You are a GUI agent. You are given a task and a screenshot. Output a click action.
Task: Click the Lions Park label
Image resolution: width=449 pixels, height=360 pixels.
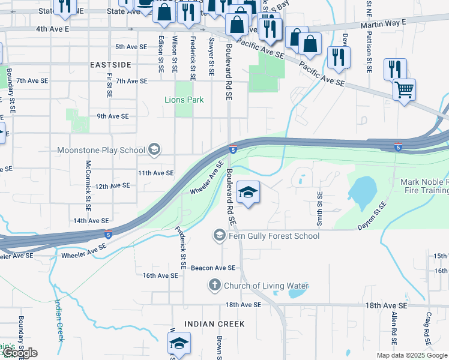(184, 100)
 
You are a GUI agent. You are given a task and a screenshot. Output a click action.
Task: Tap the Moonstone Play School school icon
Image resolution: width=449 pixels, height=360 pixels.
(154, 150)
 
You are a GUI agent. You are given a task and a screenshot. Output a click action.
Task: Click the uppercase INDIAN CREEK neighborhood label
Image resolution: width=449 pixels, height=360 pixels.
(214, 324)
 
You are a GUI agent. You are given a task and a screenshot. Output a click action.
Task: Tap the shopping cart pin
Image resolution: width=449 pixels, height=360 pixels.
(404, 91)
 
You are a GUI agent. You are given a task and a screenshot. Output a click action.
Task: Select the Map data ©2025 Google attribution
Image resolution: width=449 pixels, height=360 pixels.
(411, 355)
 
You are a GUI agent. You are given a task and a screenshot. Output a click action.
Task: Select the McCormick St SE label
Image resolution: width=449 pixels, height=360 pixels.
(88, 181)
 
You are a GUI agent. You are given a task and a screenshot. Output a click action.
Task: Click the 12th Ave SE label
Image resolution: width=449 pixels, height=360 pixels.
(112, 186)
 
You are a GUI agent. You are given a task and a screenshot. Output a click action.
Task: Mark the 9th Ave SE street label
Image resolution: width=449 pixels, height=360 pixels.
(113, 116)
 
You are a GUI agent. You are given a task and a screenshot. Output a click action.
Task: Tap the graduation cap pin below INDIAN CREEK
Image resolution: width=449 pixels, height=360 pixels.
(178, 344)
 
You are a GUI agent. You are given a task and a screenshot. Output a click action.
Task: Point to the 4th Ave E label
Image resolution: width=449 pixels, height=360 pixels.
(53, 29)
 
